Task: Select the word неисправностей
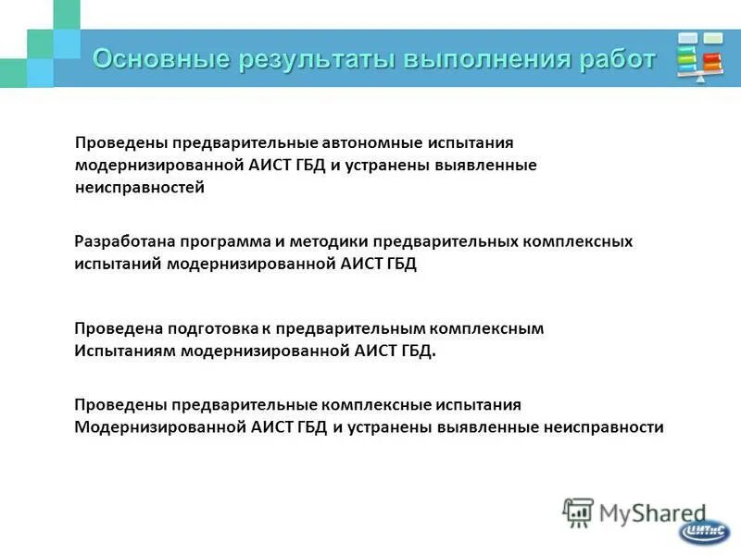pos(140,187)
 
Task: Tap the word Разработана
pos(125,241)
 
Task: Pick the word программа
pos(225,241)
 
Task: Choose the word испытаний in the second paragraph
pos(118,264)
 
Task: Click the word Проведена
pos(118,328)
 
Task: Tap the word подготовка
pos(210,328)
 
